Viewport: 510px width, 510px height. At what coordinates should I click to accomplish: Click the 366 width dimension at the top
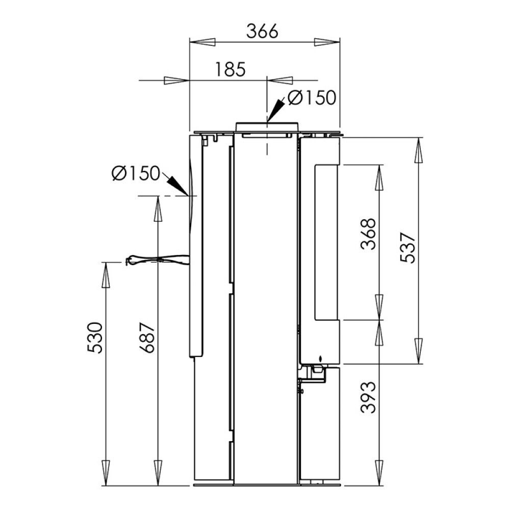[x=262, y=31]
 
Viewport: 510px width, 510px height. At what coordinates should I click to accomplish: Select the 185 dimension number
[x=231, y=69]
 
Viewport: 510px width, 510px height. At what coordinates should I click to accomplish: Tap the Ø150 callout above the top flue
[x=312, y=97]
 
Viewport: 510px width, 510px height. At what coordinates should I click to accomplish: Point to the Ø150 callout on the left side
[x=136, y=173]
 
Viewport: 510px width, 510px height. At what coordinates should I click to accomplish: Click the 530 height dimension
[x=95, y=338]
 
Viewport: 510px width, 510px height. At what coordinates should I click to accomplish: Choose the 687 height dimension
[x=147, y=338]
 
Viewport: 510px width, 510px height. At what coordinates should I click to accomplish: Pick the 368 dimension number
[x=368, y=234]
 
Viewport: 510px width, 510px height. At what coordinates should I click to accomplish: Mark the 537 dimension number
[x=408, y=247]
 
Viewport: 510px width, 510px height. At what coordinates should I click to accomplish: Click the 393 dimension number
[x=368, y=397]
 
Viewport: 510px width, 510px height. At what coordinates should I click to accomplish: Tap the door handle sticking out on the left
[x=157, y=260]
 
